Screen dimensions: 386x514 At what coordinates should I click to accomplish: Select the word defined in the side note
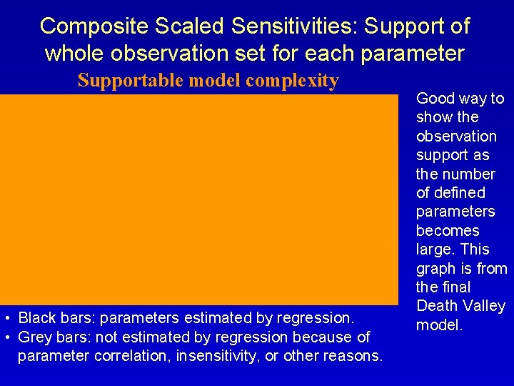coord(460,193)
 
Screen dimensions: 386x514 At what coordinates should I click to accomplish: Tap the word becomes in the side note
coord(448,231)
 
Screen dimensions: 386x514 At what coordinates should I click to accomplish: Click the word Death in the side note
coord(437,307)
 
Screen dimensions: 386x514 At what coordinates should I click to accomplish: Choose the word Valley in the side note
coord(482,307)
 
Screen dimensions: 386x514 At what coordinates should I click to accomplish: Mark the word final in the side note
coord(454,287)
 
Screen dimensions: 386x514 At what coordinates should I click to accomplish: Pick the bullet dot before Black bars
coord(6,317)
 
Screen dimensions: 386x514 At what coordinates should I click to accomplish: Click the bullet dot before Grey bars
coord(6,337)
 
